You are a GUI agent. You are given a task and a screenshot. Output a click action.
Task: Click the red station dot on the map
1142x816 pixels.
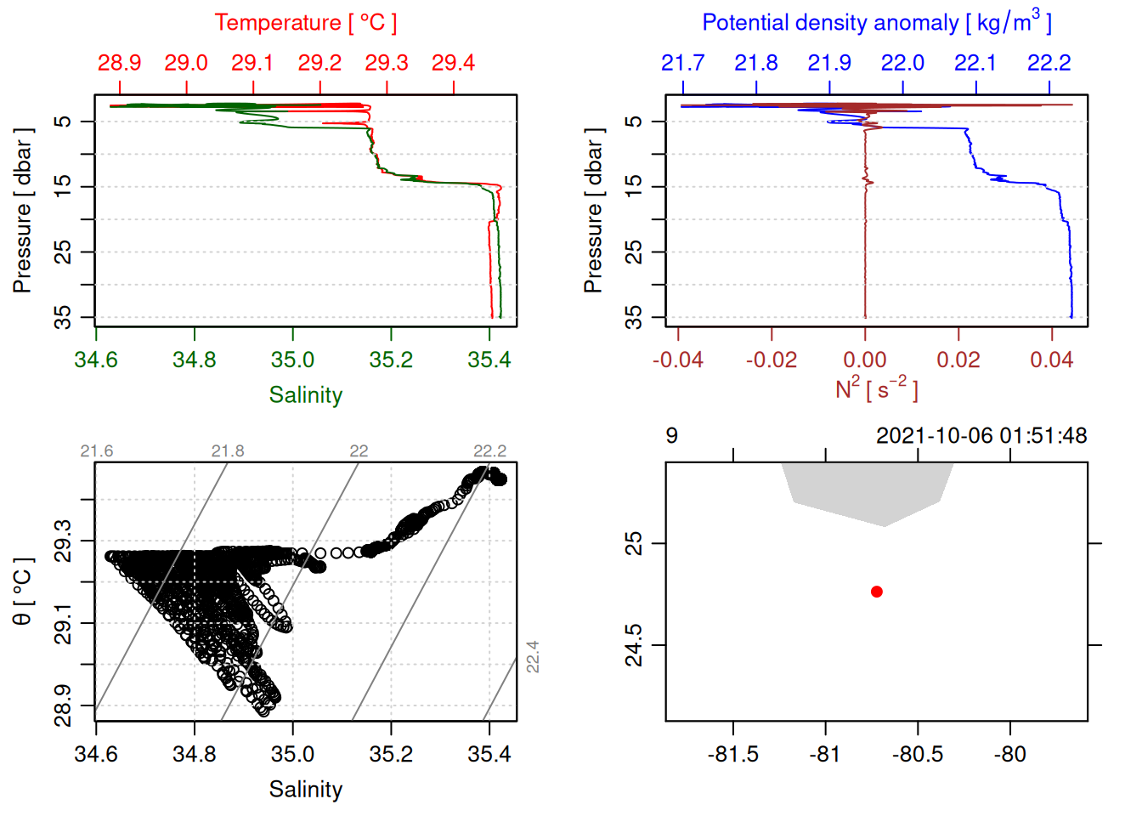click(x=877, y=592)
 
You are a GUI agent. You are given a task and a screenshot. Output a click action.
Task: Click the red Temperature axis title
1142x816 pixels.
click(x=305, y=23)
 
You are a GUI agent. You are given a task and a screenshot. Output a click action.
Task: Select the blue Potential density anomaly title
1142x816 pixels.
click(x=876, y=23)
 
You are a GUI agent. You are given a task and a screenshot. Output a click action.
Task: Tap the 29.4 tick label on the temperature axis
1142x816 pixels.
click(x=453, y=63)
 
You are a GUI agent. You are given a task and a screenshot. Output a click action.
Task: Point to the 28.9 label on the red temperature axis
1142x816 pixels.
click(x=119, y=63)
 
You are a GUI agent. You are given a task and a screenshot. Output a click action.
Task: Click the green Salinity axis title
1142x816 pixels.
click(x=305, y=395)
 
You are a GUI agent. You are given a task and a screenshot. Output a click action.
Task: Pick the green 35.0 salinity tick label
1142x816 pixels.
click(x=292, y=360)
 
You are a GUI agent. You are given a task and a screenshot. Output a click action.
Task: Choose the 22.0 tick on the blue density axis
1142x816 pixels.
click(x=902, y=63)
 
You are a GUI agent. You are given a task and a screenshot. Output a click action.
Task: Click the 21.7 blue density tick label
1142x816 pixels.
click(x=682, y=63)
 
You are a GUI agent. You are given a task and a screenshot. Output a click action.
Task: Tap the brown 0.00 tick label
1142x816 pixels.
click(x=865, y=360)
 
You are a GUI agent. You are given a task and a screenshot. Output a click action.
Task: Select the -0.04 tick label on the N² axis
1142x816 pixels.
click(x=677, y=360)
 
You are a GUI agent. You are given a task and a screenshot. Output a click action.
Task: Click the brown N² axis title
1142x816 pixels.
click(x=876, y=389)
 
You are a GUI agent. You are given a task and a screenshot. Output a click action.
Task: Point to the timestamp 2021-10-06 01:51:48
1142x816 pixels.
click(x=981, y=436)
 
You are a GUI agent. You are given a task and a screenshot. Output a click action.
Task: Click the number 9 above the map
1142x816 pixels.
click(x=672, y=436)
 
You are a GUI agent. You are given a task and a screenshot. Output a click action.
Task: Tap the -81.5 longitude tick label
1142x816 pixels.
click(x=732, y=755)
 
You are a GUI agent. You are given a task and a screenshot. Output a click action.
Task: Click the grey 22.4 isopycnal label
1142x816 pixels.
click(x=533, y=657)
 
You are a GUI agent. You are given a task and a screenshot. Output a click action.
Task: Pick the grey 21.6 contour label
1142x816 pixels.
click(x=96, y=451)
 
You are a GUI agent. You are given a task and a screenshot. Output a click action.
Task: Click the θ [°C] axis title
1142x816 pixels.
click(x=23, y=592)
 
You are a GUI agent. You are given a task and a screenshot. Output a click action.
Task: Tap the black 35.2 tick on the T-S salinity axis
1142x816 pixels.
click(x=391, y=755)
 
